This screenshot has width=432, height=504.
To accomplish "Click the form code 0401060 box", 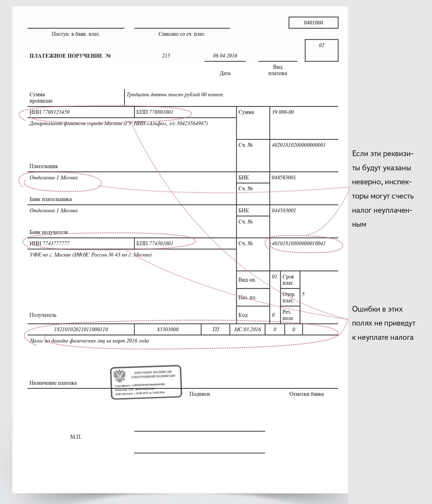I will (313, 22).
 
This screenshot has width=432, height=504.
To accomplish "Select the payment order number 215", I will (166, 56).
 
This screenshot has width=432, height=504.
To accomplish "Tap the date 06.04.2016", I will (225, 56).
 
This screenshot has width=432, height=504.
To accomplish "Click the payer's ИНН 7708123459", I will (50, 112).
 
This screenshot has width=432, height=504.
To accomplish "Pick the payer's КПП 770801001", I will (155, 112).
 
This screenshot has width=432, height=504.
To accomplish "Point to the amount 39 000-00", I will (283, 112).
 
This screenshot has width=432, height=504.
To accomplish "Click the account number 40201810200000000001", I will (299, 145).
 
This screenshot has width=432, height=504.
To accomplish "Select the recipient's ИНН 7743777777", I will (50, 244).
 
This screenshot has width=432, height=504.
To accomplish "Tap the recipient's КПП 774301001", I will (155, 244).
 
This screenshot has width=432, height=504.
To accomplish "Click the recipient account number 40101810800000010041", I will (299, 244).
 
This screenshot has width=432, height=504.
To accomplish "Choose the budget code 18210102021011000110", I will (80, 330).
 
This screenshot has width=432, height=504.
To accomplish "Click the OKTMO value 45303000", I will (168, 330).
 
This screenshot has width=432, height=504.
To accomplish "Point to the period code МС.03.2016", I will (248, 330).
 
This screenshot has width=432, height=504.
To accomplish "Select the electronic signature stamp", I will (146, 382).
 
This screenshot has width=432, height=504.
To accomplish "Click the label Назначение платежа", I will (53, 383).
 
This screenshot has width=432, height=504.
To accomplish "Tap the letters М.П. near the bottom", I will (76, 437).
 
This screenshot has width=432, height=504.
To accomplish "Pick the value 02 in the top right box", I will (321, 45).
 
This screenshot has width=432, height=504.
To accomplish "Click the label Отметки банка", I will (306, 394).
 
